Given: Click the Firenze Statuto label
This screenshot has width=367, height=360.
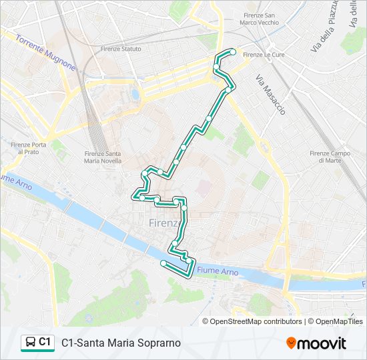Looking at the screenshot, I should click(x=121, y=49).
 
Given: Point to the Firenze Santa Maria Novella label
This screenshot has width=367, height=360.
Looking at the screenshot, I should click(x=103, y=157).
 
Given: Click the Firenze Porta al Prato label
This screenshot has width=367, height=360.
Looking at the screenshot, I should click(x=28, y=149).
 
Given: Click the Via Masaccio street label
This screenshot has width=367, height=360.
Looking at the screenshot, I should click(x=270, y=94).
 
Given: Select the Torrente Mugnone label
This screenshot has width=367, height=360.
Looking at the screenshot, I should click(x=45, y=53).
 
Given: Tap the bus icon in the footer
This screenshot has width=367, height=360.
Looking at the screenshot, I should click(x=30, y=343).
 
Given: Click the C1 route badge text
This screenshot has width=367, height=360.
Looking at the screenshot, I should click(x=45, y=342).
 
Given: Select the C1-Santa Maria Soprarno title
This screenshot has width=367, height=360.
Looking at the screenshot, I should click(x=121, y=343).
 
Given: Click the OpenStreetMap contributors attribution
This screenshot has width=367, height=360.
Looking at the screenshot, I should click(x=256, y=321).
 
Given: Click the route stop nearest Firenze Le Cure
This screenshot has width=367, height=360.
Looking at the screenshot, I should click(x=233, y=52).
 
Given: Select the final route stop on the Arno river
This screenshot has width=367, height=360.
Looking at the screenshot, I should click(x=163, y=263).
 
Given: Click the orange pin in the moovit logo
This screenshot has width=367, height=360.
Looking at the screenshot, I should click(x=291, y=343).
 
